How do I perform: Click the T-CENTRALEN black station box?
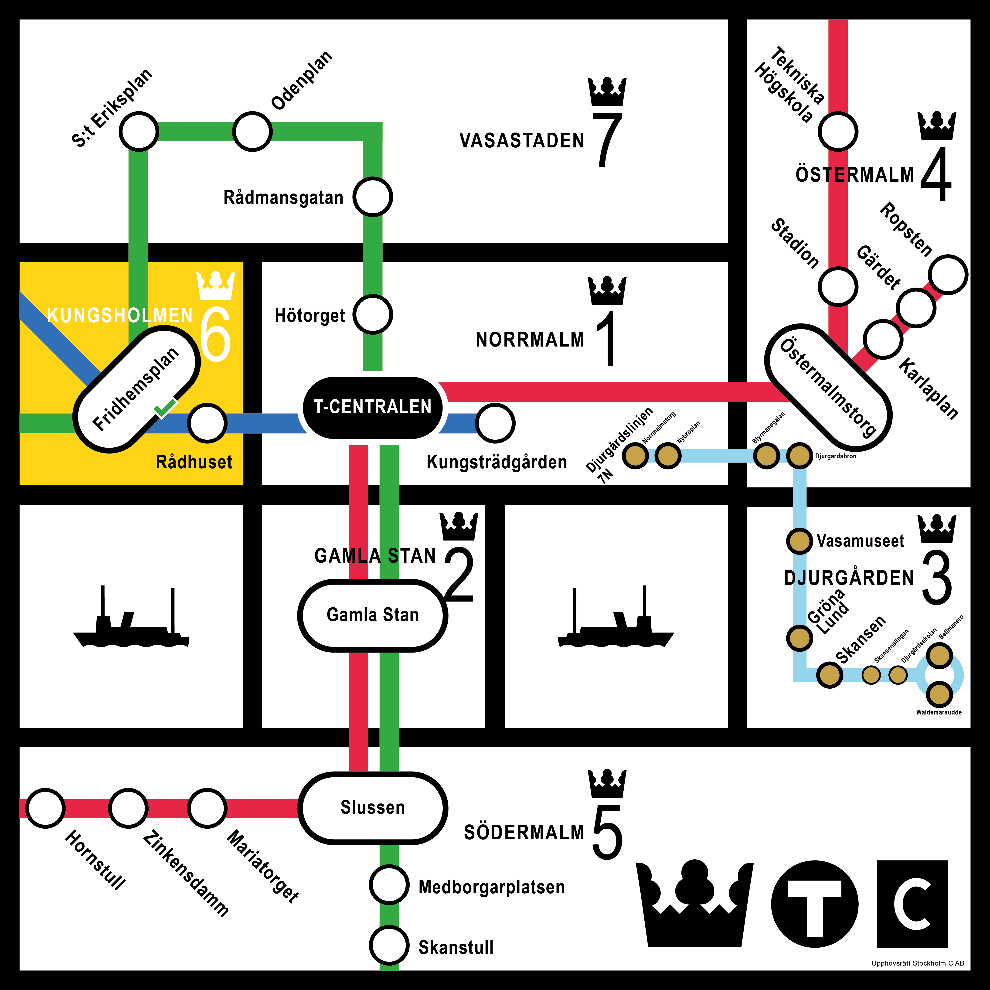coord(373,407)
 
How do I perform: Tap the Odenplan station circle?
coord(252,132)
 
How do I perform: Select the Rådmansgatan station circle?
coord(373,197)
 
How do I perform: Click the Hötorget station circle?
coord(373,315)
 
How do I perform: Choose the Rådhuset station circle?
coord(207,423)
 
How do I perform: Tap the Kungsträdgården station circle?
coord(495,423)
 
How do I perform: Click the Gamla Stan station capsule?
coord(373,615)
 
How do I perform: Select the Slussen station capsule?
coord(373,808)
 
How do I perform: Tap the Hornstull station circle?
coord(46,808)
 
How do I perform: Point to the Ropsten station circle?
coord(948,275)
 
